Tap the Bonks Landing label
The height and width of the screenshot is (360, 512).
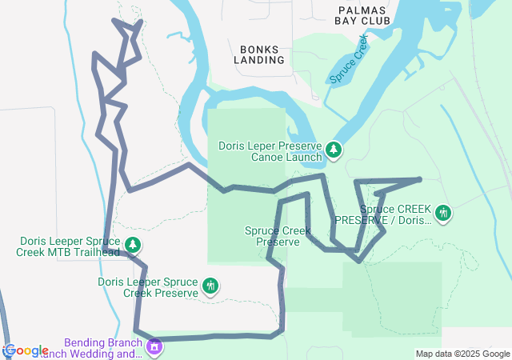(x=259, y=54)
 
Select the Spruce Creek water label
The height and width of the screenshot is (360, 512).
(x=350, y=60)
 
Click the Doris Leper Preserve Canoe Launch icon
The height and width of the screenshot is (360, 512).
(x=333, y=150)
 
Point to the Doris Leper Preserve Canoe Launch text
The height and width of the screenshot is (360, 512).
(x=270, y=152)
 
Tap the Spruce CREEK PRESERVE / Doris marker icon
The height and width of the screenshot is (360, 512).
(x=442, y=213)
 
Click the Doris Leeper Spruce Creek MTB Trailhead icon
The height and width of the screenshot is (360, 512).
(x=133, y=245)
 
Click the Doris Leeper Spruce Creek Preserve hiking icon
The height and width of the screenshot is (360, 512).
(x=210, y=286)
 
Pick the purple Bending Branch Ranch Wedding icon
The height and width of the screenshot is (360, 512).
(x=154, y=347)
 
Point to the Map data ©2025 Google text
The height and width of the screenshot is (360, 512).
(x=462, y=354)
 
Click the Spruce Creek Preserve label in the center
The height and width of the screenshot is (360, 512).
(x=278, y=236)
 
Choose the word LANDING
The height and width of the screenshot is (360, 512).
(x=259, y=60)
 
